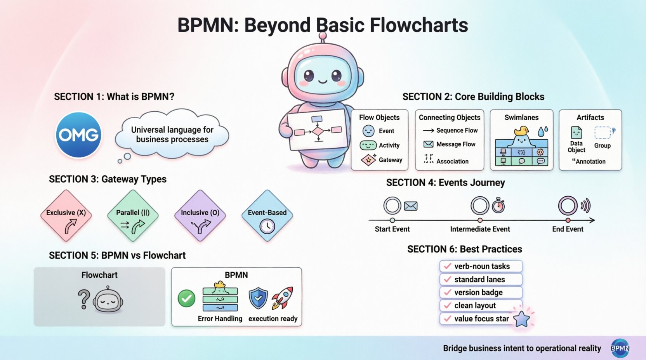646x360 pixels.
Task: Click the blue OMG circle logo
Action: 79,135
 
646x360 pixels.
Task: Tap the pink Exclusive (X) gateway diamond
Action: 66,216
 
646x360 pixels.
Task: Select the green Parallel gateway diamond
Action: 133,216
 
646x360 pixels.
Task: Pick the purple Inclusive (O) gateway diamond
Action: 200,216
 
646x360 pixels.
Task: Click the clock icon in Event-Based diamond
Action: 267,226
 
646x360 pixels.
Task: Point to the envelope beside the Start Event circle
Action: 410,206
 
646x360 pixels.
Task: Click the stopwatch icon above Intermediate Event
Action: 498,206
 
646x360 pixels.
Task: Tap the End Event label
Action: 568,229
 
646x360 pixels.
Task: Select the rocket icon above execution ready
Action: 282,298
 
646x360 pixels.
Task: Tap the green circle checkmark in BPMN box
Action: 186,298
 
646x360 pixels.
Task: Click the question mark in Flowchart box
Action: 83,299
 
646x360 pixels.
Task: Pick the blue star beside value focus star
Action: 521,319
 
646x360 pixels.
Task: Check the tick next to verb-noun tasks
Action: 448,266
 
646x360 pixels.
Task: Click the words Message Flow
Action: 456,144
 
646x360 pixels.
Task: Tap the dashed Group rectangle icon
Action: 603,133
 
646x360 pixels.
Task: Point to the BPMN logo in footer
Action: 620,348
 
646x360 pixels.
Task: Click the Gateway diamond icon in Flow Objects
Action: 368,160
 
